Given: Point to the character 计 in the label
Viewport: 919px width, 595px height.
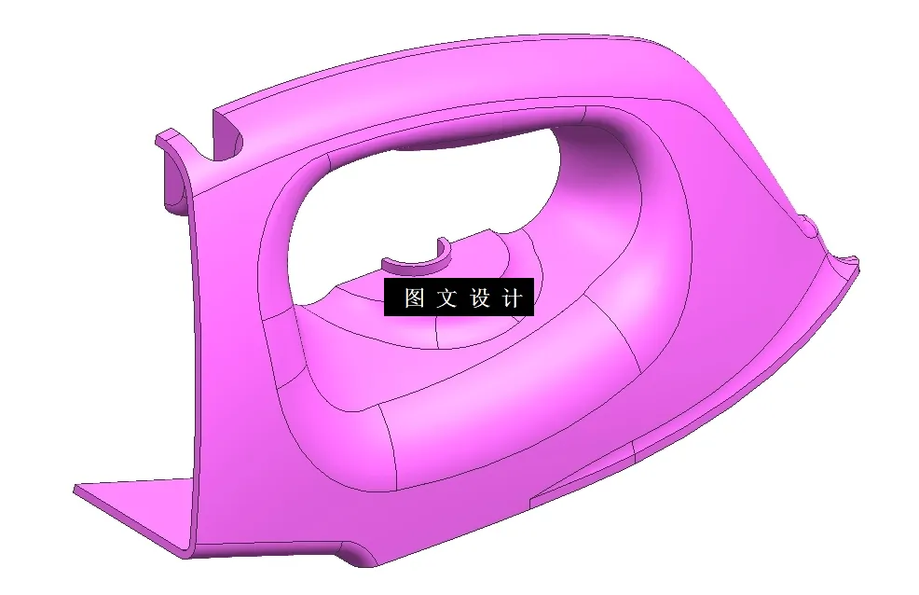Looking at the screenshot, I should coord(512,298).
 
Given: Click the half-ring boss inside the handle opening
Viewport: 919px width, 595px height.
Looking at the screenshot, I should coord(417,260).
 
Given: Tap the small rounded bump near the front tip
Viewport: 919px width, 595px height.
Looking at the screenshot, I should coord(807,224).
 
